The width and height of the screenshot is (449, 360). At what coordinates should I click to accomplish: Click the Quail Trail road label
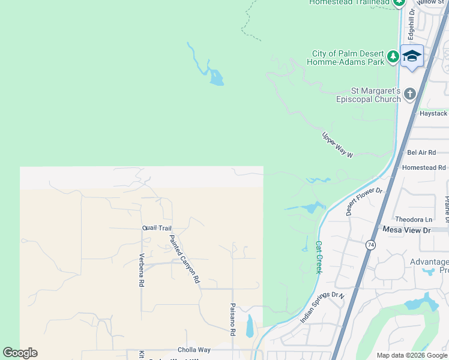tap(157, 228)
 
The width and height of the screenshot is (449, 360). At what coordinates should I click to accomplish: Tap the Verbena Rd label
tap(142, 269)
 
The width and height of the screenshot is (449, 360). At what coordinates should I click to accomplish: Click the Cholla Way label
tap(194, 350)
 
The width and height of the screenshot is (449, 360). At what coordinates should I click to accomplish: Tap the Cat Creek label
tap(319, 257)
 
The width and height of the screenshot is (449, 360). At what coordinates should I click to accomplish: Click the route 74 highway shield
tap(370, 245)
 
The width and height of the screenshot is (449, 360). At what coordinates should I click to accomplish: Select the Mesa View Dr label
tap(407, 230)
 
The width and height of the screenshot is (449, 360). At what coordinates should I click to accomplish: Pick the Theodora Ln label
tap(414, 220)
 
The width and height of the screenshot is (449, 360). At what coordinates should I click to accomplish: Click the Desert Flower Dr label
tap(364, 201)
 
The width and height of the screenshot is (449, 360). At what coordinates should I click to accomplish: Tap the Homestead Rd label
tap(424, 168)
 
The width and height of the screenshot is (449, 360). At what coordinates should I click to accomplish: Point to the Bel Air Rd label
tap(420, 153)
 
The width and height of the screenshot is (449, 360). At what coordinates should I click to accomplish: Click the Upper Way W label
tap(337, 145)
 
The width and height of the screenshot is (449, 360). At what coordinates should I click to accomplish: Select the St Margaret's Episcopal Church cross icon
tap(410, 94)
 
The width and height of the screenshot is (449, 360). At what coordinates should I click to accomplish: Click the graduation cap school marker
tap(412, 56)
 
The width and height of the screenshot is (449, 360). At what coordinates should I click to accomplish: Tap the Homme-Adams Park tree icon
tap(393, 57)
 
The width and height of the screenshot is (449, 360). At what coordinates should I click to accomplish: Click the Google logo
tap(20, 353)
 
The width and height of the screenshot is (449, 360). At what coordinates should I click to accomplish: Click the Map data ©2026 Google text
tap(412, 355)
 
